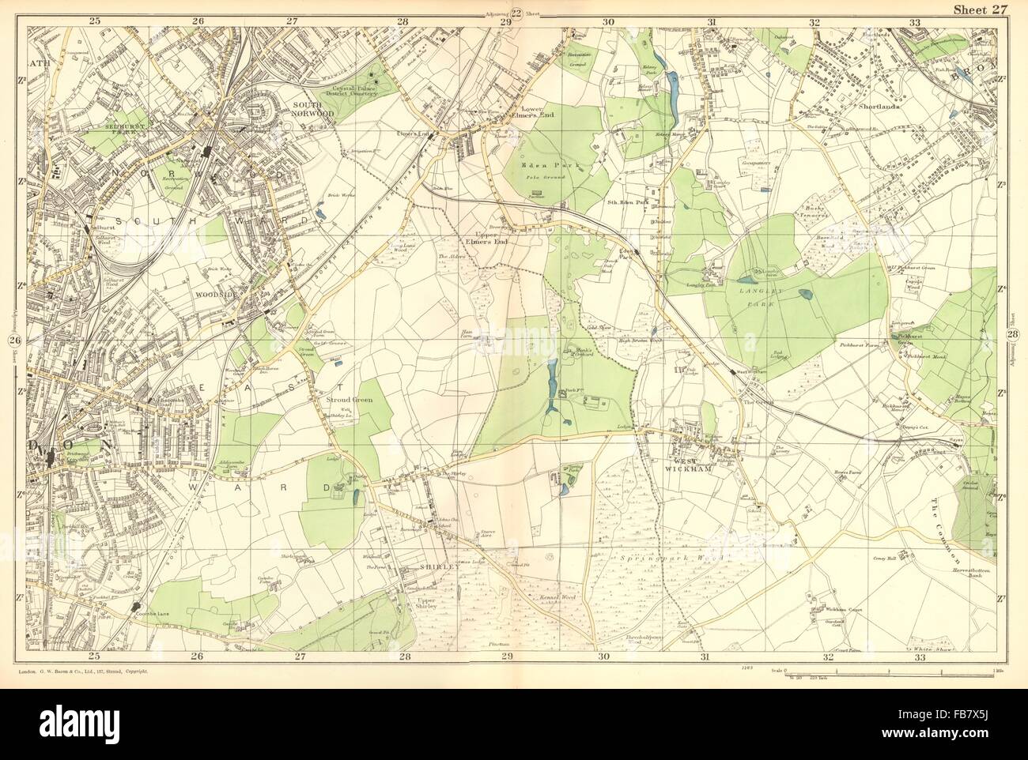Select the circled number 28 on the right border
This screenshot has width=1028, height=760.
[x=1015, y=337]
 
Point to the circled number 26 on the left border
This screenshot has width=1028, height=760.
[x=13, y=341]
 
